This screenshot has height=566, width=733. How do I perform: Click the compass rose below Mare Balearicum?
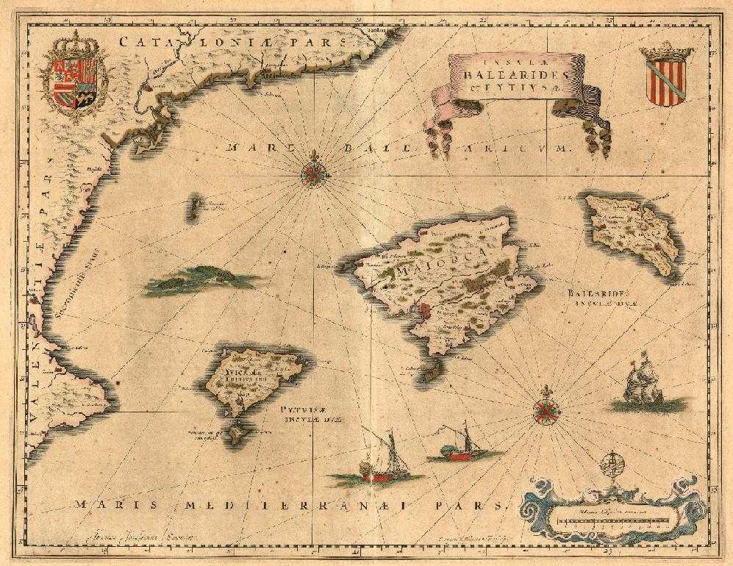point(315,173)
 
